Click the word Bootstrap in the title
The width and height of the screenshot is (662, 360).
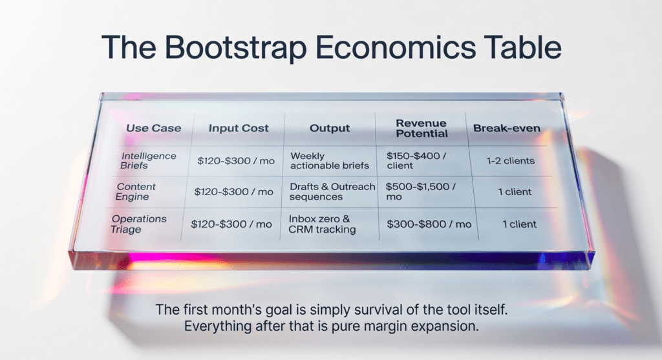pyautogui.click(x=235, y=48)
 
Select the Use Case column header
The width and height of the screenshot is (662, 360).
pyautogui.click(x=154, y=128)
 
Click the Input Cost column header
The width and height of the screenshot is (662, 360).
pyautogui.click(x=239, y=128)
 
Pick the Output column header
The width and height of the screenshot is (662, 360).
pyautogui.click(x=330, y=128)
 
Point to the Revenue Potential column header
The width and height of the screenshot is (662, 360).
pyautogui.click(x=422, y=129)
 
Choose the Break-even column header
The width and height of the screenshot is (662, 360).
pyautogui.click(x=507, y=128)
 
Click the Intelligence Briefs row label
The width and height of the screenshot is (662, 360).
pyautogui.click(x=148, y=161)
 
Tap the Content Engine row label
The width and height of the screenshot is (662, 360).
pyautogui.click(x=136, y=191)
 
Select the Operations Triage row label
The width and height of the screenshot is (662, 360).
pyautogui.click(x=138, y=224)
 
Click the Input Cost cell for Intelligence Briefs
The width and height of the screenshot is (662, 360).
pyautogui.click(x=236, y=161)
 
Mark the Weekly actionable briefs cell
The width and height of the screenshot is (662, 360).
pyautogui.click(x=330, y=161)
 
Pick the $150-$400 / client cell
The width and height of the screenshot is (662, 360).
pyautogui.click(x=416, y=161)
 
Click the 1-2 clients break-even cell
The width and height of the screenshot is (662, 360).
pyautogui.click(x=511, y=161)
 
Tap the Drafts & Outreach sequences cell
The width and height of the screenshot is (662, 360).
pyautogui.click(x=332, y=191)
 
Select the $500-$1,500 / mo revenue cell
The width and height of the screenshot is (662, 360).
pyautogui.click(x=421, y=191)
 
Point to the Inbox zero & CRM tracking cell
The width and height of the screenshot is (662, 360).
pyautogui.click(x=322, y=224)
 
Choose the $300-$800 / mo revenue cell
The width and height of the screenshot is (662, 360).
pyautogui.click(x=429, y=224)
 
